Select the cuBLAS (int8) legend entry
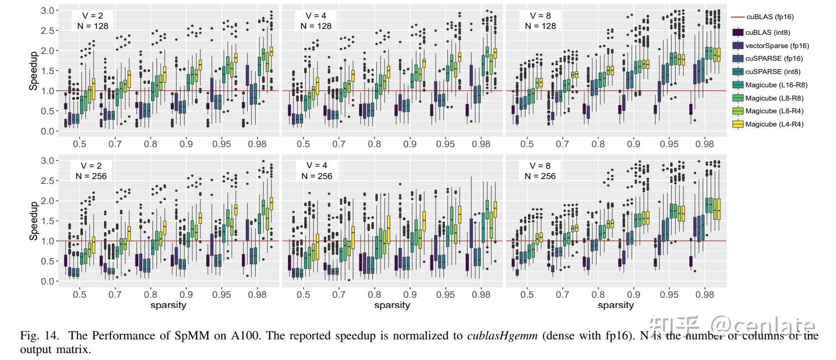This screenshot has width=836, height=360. click(x=768, y=32)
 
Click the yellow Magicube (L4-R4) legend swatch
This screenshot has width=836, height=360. click(x=737, y=124)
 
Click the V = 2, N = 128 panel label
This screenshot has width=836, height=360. click(x=92, y=21)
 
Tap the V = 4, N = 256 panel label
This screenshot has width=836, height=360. click(x=316, y=171)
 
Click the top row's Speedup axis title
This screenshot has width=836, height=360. click(x=33, y=71)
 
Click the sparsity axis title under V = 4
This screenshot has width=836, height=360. click(x=392, y=305)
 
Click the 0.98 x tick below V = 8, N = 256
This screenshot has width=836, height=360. click(x=705, y=294)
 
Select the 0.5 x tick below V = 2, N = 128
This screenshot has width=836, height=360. click(x=79, y=144)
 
